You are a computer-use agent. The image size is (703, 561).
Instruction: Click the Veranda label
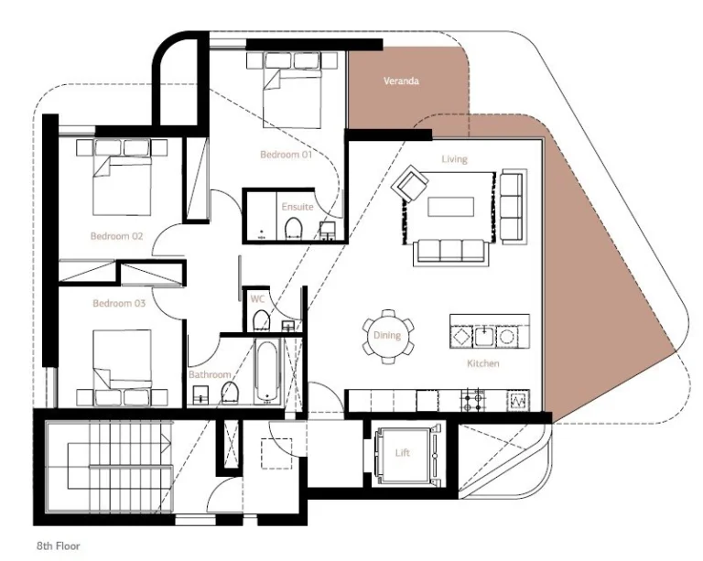point(402,81)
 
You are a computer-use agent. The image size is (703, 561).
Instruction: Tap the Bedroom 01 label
point(286,155)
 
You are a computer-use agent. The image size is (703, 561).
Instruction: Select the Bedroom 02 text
point(116,236)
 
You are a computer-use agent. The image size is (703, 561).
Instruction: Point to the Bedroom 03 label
point(118,303)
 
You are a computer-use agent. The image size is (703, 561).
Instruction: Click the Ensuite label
point(297,207)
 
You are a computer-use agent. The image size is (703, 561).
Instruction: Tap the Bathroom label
point(210,375)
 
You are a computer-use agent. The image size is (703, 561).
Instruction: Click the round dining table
point(387,336)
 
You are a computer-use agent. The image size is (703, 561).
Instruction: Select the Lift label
point(403,453)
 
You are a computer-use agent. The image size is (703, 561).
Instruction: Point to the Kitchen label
point(483,364)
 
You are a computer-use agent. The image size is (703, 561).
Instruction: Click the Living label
point(454,159)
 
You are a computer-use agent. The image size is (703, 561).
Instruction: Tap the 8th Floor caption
point(59,546)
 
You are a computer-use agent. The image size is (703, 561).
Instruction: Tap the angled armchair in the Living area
point(407,187)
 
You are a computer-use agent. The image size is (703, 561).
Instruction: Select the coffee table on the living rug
point(451,208)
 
